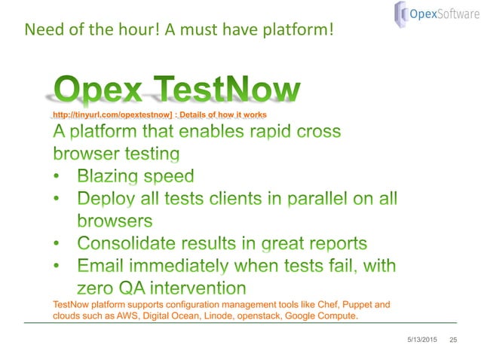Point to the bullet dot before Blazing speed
tap(59, 178)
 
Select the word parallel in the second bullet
tap(302, 200)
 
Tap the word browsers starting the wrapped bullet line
tap(115, 221)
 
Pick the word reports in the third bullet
tap(335, 243)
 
